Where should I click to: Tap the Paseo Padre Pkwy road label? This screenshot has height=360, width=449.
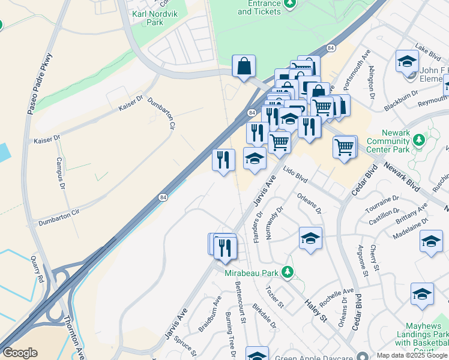pos(40,85)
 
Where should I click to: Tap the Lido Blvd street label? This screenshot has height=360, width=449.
pos(295,175)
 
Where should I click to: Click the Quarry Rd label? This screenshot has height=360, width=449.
pos(38,269)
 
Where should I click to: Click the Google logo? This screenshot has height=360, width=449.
pos(20,353)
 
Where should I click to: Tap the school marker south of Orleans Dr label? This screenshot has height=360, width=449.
pos(310,238)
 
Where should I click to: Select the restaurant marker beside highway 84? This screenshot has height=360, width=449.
pos(223,160)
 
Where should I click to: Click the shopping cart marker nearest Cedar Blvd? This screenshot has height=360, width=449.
pos(345,147)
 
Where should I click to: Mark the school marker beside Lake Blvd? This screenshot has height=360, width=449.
pos(407,61)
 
